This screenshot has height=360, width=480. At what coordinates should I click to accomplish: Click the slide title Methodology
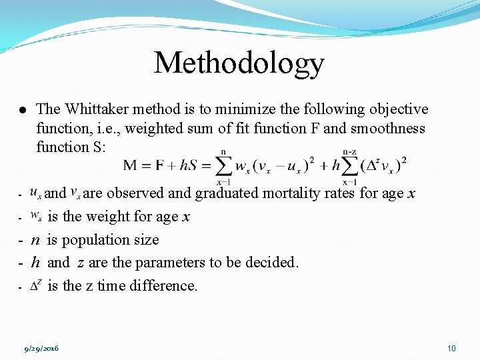[x=239, y=63]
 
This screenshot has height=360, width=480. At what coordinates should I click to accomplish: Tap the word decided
[x=272, y=263]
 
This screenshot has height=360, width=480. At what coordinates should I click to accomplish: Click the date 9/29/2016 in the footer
[x=41, y=348]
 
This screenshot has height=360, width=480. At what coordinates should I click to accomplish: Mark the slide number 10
[x=451, y=348]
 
